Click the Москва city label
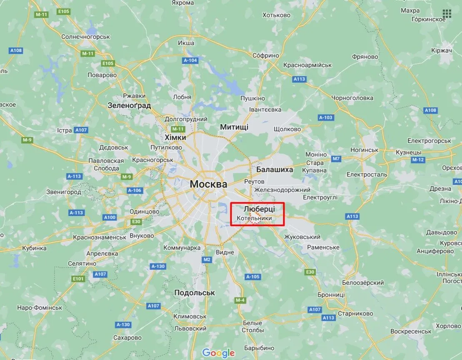click(208, 184)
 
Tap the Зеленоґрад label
click(129, 106)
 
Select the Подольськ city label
click(195, 293)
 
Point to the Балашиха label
click(275, 170)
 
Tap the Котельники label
click(254, 218)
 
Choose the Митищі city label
click(234, 127)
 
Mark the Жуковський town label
click(302, 237)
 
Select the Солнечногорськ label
click(85, 37)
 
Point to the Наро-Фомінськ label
click(40, 308)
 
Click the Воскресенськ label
click(411, 331)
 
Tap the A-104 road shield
click(190, 60)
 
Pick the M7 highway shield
click(336, 159)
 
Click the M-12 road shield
click(417, 160)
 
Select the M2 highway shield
click(207, 260)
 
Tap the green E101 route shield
click(77, 278)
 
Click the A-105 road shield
click(253, 277)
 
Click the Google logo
click(219, 353)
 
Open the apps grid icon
click(447, 14)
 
